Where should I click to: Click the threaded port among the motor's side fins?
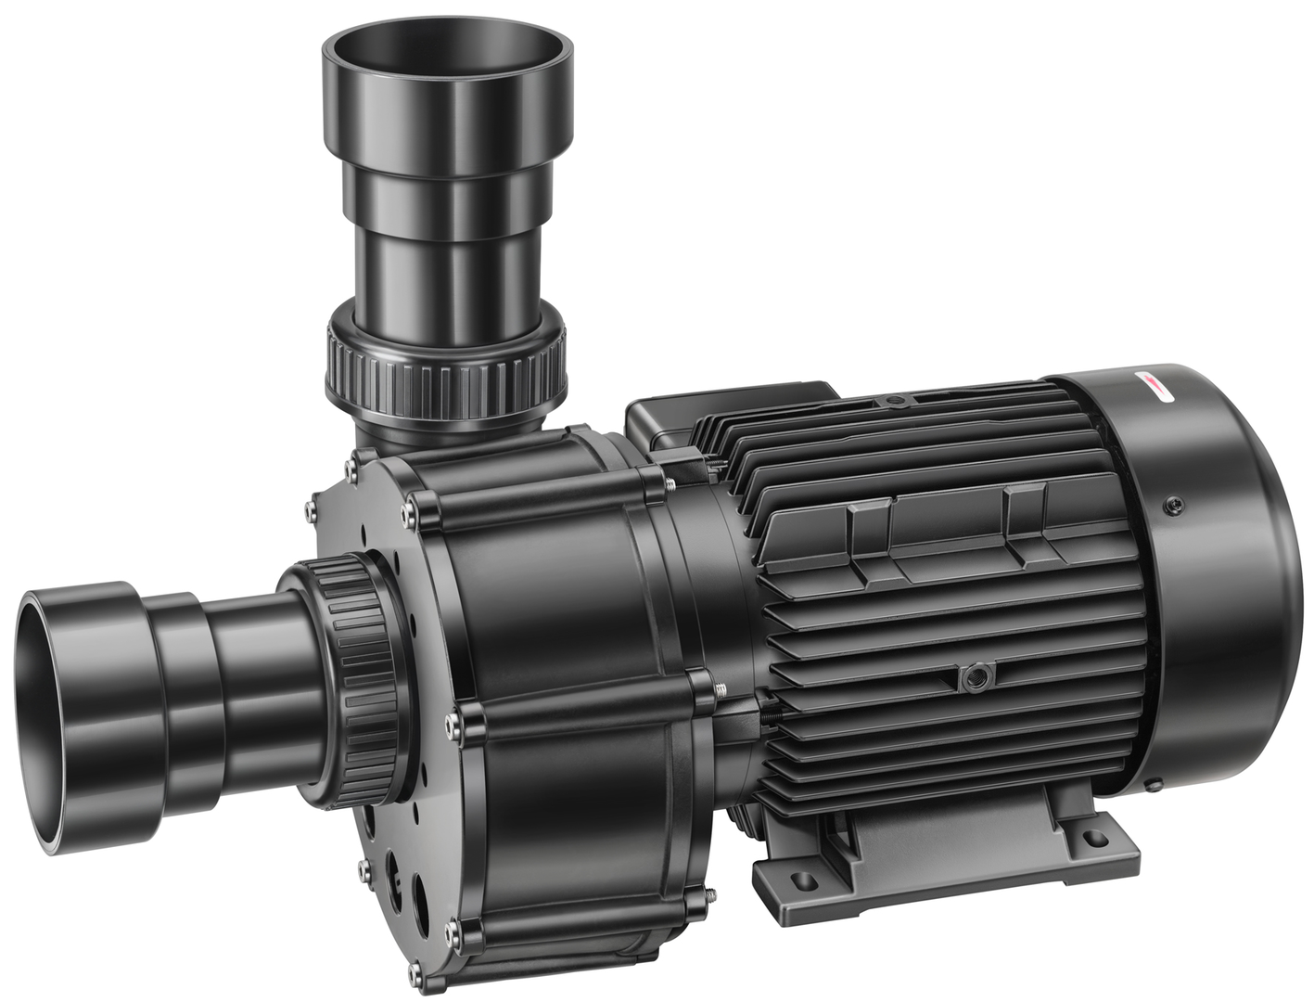click(973, 676)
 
